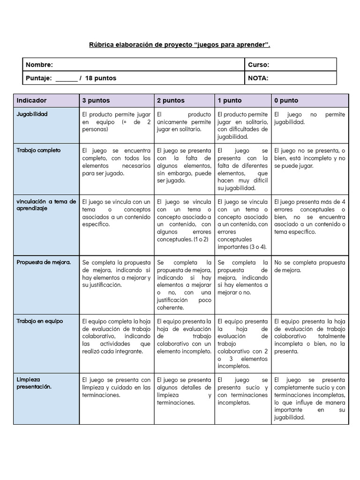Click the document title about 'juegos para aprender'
[x=180, y=45]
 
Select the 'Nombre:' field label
[x=39, y=65]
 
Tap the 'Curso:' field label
[x=258, y=65]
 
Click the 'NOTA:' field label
[x=258, y=78]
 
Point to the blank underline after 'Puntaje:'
[x=67, y=79]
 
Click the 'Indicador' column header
[x=31, y=100]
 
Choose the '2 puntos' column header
[x=171, y=100]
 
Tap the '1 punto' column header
[x=230, y=100]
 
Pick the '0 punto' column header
[x=286, y=100]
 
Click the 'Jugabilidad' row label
[x=32, y=114]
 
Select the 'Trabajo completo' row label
[x=39, y=150]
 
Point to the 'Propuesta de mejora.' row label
[x=44, y=262]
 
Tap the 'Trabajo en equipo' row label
[x=40, y=321]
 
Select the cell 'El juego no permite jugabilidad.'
[x=309, y=118]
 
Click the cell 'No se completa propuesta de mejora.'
[x=309, y=266]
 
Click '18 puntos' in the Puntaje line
[x=101, y=78]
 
